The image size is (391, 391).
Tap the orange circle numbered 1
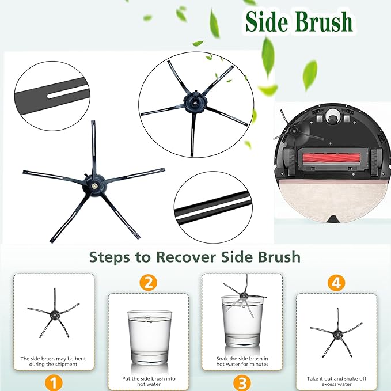pyautogui.click(x=53, y=382)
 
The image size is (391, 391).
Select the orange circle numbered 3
pyautogui.click(x=241, y=382)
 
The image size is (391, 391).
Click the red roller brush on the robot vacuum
pyautogui.click(x=333, y=155)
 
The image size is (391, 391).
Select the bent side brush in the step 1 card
pyautogui.click(x=53, y=314)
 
